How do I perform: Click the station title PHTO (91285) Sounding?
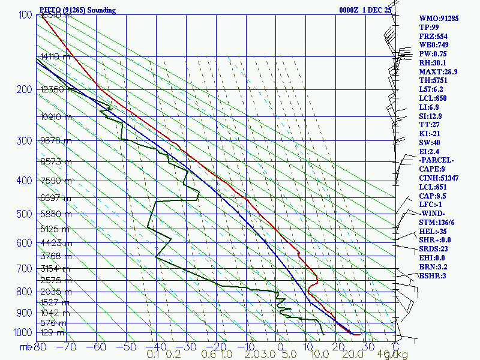tap(77, 10)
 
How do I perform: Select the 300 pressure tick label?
tap(23, 141)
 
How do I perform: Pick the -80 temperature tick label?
tap(39, 347)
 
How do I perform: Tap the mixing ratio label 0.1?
tap(152, 355)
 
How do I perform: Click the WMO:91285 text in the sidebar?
tap(439, 19)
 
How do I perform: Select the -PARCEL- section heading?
tap(436, 160)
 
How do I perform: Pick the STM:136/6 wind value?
tap(439, 223)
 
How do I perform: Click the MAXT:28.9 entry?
tap(439, 71)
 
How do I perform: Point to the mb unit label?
tap(25, 347)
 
